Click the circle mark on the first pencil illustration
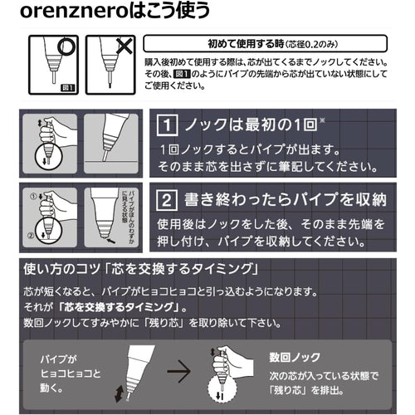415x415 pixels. click(66, 48)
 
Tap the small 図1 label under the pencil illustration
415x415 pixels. click(66, 85)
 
